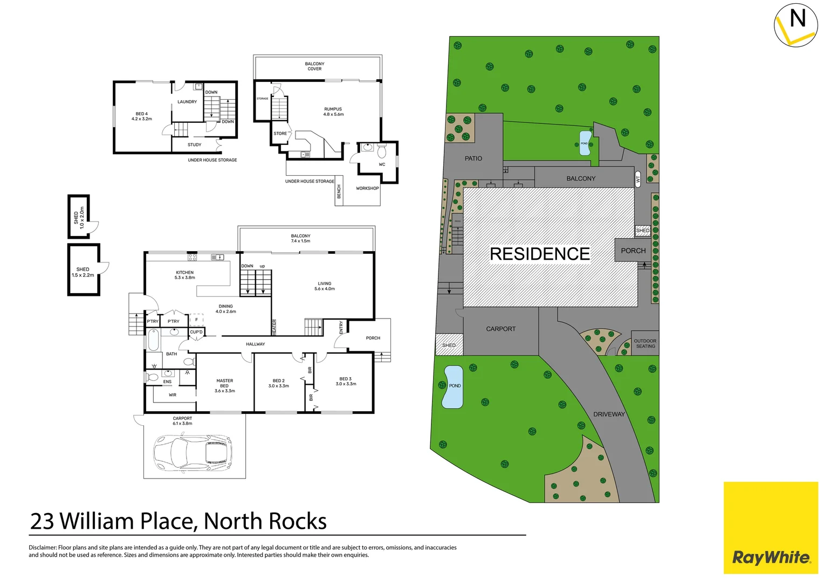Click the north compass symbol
tap(795, 25)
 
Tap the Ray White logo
tap(771, 557)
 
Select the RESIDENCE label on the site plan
tap(539, 254)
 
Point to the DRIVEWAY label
tap(609, 414)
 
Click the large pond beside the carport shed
tap(452, 386)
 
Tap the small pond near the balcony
tap(585, 143)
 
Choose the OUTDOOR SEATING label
tap(645, 343)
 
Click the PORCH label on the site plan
tap(633, 251)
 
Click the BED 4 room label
tap(141, 116)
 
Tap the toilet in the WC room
tap(382, 150)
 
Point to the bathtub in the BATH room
tap(154, 340)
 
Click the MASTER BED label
tap(225, 383)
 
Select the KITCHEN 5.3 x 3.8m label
tap(184, 275)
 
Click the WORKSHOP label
tap(367, 189)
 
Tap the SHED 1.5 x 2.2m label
tap(83, 272)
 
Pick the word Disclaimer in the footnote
tap(42, 548)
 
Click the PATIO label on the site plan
tap(473, 158)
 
